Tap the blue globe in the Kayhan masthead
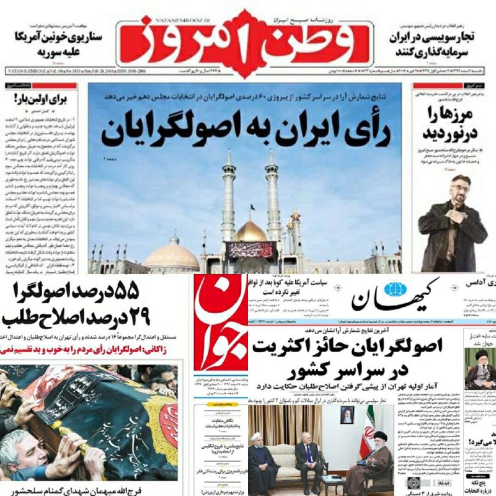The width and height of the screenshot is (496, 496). [x=393, y=290]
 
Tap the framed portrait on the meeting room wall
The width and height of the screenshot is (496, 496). [x=347, y=415]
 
